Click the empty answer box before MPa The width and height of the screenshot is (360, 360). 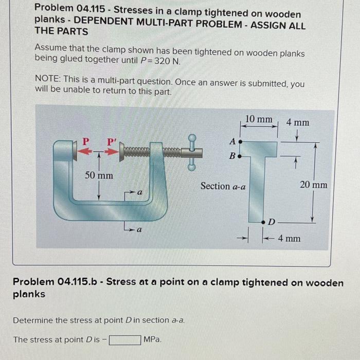coord(124,339)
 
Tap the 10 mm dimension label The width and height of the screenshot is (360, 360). coord(259,119)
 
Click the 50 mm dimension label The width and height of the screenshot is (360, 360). coord(99,175)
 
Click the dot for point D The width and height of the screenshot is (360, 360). coord(264,222)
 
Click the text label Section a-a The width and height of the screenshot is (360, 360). coord(223,186)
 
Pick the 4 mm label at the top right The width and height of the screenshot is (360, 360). coord(298,122)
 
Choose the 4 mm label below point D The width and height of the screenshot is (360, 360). coord(289,238)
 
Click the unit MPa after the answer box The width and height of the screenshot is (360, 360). coord(153,339)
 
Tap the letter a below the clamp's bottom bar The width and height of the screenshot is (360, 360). coord(139,230)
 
